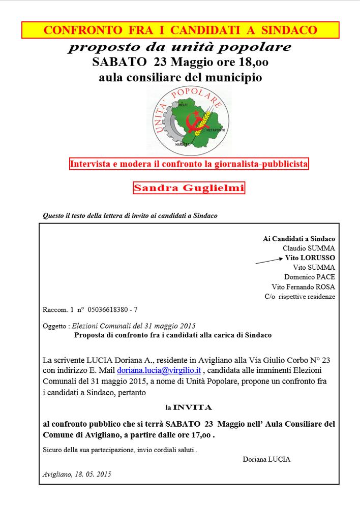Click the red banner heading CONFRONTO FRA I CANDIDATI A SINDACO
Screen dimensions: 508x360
[181, 30]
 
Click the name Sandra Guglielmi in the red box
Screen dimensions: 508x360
[189, 188]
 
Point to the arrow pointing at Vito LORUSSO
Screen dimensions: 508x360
[268, 260]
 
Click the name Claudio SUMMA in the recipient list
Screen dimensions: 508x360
[309, 248]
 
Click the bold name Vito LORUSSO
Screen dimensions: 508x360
[310, 258]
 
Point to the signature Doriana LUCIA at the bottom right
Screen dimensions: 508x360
[267, 459]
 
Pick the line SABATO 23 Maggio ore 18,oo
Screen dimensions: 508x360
[181, 63]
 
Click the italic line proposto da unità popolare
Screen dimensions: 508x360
[181, 47]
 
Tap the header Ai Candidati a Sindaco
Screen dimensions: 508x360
[299, 238]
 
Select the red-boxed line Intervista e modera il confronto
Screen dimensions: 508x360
[189, 164]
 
